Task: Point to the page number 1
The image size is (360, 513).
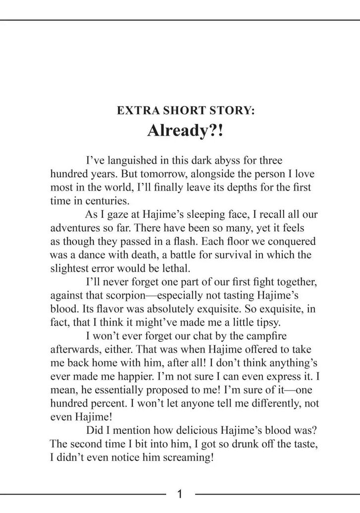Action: point(180,494)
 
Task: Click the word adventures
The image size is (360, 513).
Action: point(75,228)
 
